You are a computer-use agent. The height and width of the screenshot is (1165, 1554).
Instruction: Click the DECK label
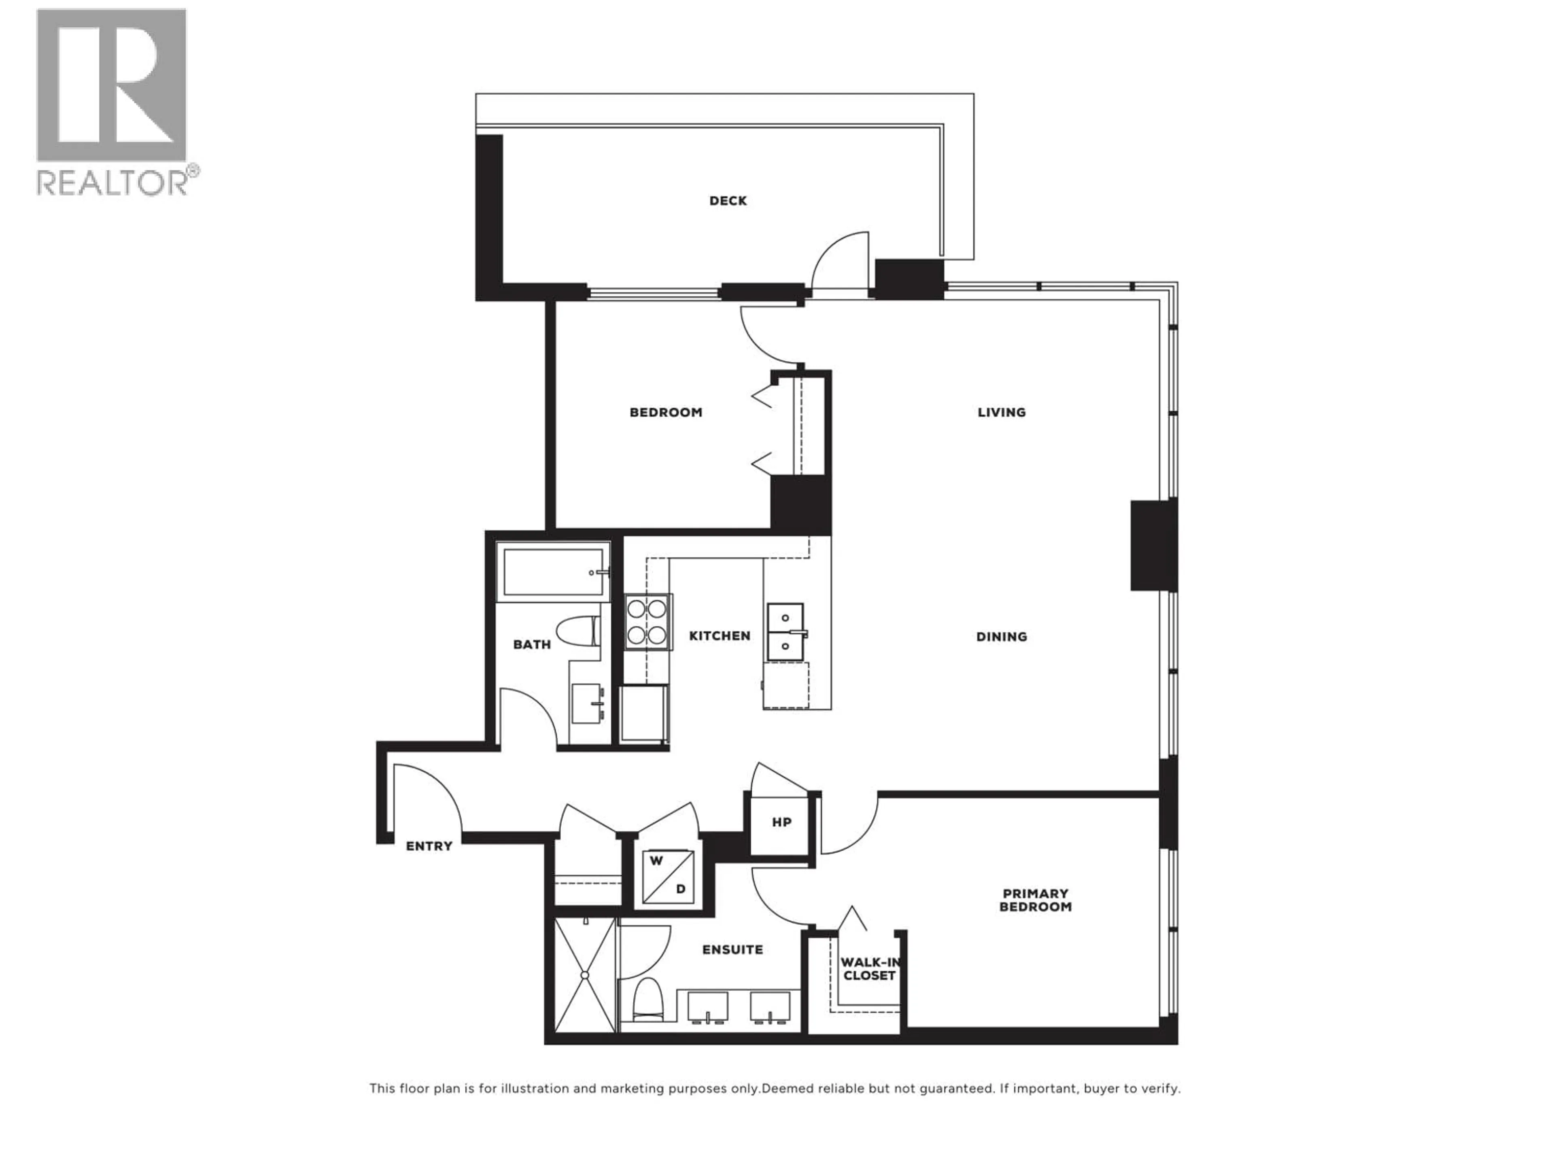click(728, 201)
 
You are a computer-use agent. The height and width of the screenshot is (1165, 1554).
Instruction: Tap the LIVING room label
click(1001, 412)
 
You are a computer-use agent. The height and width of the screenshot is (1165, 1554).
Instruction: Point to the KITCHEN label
click(720, 635)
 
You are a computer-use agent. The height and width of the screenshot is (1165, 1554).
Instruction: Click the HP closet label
click(781, 822)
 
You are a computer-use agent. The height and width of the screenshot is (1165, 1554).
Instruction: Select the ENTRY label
click(429, 846)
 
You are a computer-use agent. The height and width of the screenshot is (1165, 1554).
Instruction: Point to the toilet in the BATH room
click(577, 631)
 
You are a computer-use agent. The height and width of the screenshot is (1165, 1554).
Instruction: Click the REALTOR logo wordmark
click(113, 182)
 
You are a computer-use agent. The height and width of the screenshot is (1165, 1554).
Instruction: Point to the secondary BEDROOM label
click(665, 412)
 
